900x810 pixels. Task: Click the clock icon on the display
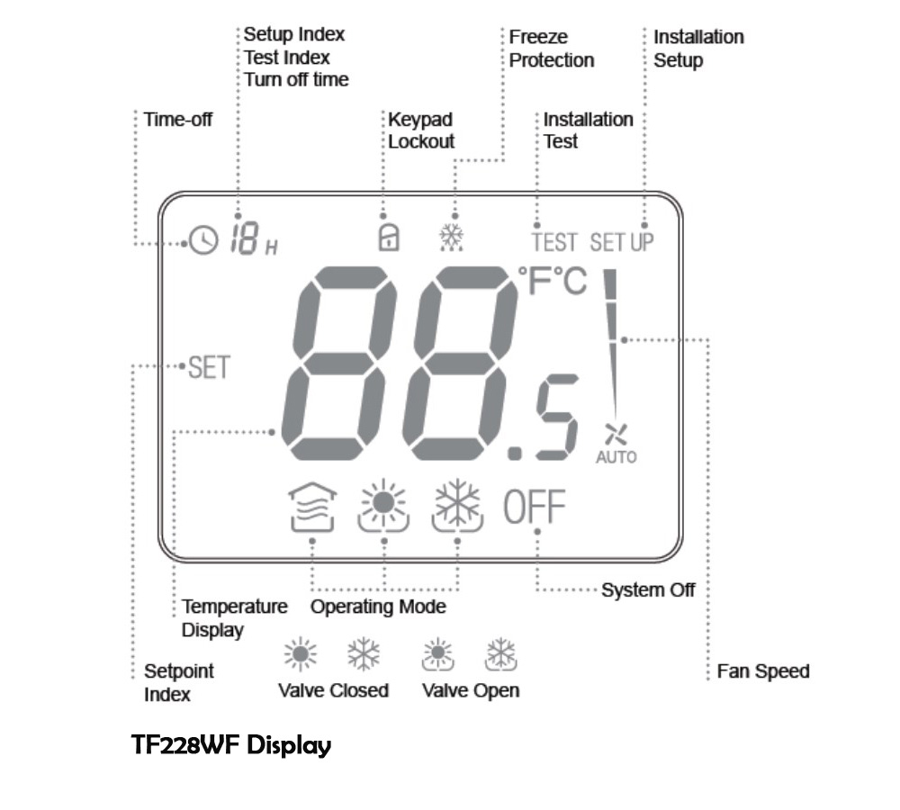click(x=204, y=240)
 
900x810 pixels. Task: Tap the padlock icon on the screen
click(x=389, y=237)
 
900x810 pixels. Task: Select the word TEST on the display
click(x=554, y=242)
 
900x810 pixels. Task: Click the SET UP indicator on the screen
click(x=622, y=242)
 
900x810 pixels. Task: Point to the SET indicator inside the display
click(x=209, y=367)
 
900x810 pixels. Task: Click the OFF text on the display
click(x=534, y=509)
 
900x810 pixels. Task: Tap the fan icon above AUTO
click(x=616, y=435)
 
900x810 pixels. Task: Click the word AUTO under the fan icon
click(x=616, y=457)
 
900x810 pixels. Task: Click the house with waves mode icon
click(x=311, y=509)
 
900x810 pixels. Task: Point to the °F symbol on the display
click(x=536, y=282)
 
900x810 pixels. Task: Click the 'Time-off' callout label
click(x=178, y=119)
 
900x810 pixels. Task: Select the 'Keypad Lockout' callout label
click(x=421, y=130)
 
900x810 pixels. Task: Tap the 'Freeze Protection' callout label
click(x=552, y=49)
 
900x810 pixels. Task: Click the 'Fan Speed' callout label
click(x=763, y=671)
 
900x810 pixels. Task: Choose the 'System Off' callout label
click(x=648, y=590)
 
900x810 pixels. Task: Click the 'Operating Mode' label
click(x=378, y=607)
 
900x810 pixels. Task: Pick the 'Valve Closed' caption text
click(x=333, y=690)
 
